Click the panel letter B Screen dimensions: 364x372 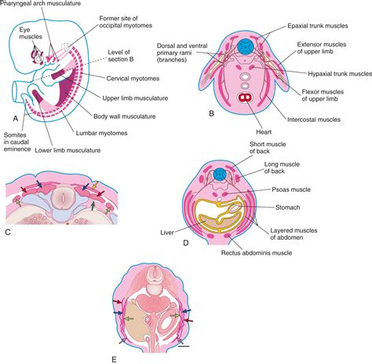point(210,113)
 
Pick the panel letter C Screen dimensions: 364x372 point(7,231)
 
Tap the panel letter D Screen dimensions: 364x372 point(184,242)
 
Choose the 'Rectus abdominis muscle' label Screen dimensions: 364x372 point(250,253)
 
